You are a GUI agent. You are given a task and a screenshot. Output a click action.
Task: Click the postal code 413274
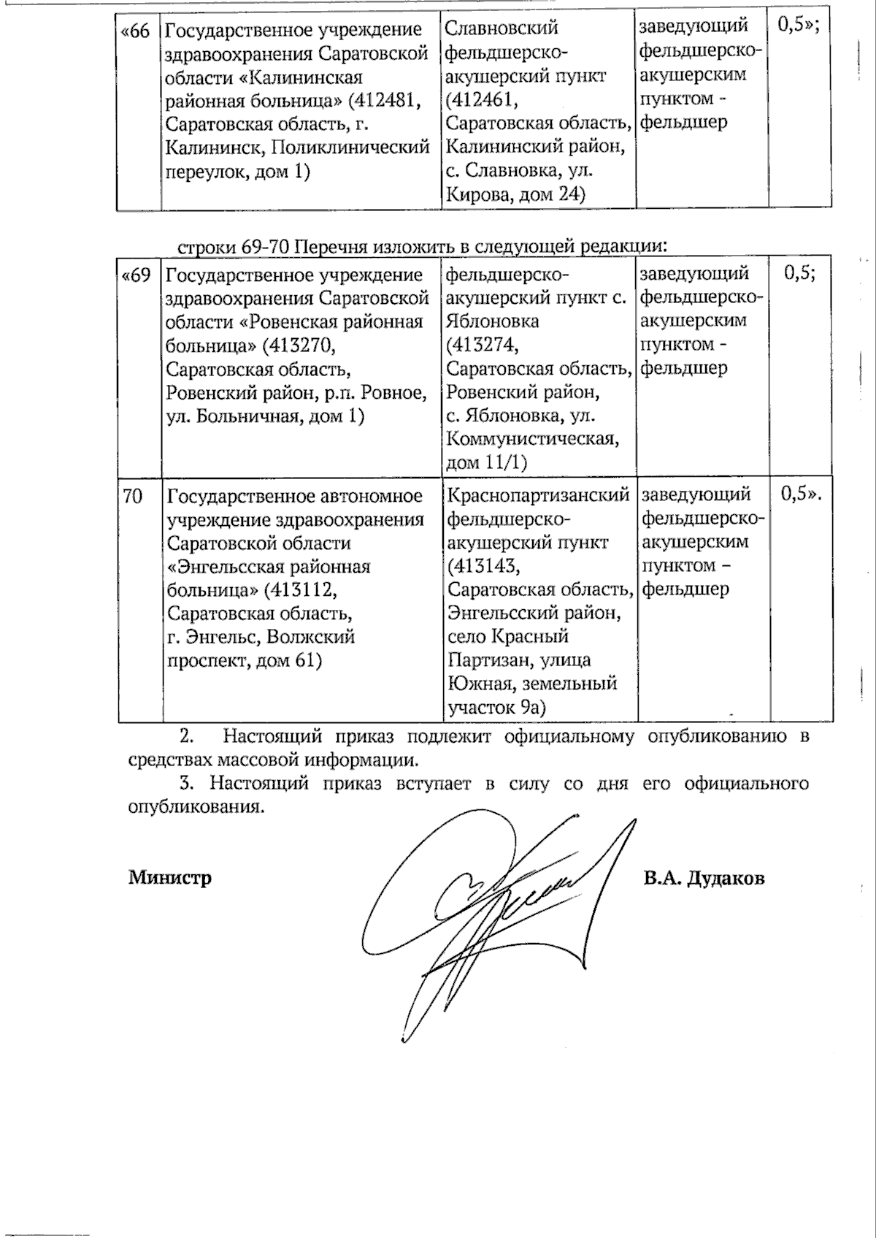(x=485, y=345)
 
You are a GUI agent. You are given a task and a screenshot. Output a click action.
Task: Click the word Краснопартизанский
(x=539, y=496)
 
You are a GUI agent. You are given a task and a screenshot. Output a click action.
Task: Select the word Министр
(x=170, y=876)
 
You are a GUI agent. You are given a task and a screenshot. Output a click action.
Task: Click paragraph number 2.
(x=186, y=735)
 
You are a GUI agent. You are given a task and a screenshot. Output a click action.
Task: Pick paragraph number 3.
(x=186, y=783)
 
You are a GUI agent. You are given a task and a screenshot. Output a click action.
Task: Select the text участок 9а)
(x=497, y=707)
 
